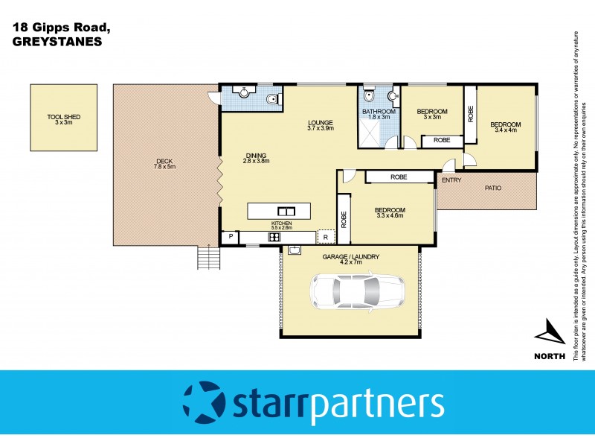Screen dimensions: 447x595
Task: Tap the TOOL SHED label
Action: click(x=63, y=120)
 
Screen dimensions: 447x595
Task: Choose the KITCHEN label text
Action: click(x=281, y=223)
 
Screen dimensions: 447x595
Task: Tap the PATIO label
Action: click(x=492, y=188)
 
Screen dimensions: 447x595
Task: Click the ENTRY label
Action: click(x=451, y=180)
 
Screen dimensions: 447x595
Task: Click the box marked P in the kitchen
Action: click(x=231, y=238)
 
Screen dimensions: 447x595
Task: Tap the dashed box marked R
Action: click(x=325, y=238)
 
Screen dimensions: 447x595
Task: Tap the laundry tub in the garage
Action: click(x=294, y=250)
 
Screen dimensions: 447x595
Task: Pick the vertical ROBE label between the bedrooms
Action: click(x=470, y=113)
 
